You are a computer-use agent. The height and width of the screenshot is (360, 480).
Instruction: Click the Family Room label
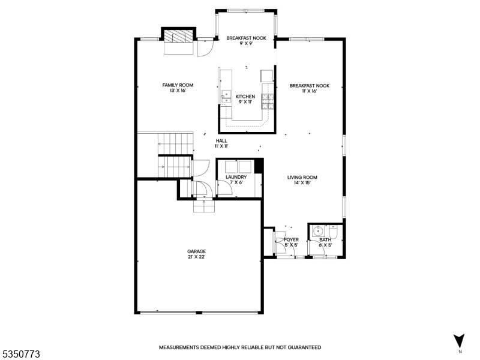[x=178, y=85]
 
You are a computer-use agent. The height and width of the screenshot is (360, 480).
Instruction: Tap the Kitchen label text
[x=245, y=97]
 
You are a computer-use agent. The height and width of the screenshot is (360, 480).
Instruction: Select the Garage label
[x=197, y=251]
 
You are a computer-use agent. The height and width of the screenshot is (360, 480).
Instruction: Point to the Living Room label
[x=302, y=177]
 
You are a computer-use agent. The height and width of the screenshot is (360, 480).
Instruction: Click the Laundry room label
[x=236, y=177]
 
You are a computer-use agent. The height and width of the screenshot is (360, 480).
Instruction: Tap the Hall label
[x=221, y=141]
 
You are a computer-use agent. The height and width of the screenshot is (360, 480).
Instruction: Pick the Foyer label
[x=291, y=239]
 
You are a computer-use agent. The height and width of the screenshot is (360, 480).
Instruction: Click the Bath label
[x=325, y=239]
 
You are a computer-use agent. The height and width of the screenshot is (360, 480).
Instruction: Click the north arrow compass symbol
[x=459, y=341]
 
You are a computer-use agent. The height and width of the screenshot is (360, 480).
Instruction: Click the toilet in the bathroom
[x=333, y=232]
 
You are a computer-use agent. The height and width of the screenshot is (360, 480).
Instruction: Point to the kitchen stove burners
[x=267, y=101]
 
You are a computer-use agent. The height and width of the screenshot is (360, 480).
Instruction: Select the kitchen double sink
[x=226, y=97]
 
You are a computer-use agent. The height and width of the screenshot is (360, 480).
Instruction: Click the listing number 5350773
[x=20, y=355]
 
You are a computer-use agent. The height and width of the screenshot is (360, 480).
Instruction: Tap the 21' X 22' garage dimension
[x=197, y=257]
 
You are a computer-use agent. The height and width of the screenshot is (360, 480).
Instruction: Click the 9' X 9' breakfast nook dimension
[x=246, y=43]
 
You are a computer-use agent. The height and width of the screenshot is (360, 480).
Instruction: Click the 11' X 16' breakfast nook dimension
[x=309, y=91]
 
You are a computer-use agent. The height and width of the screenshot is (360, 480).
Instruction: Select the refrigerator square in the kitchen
[x=266, y=76]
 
